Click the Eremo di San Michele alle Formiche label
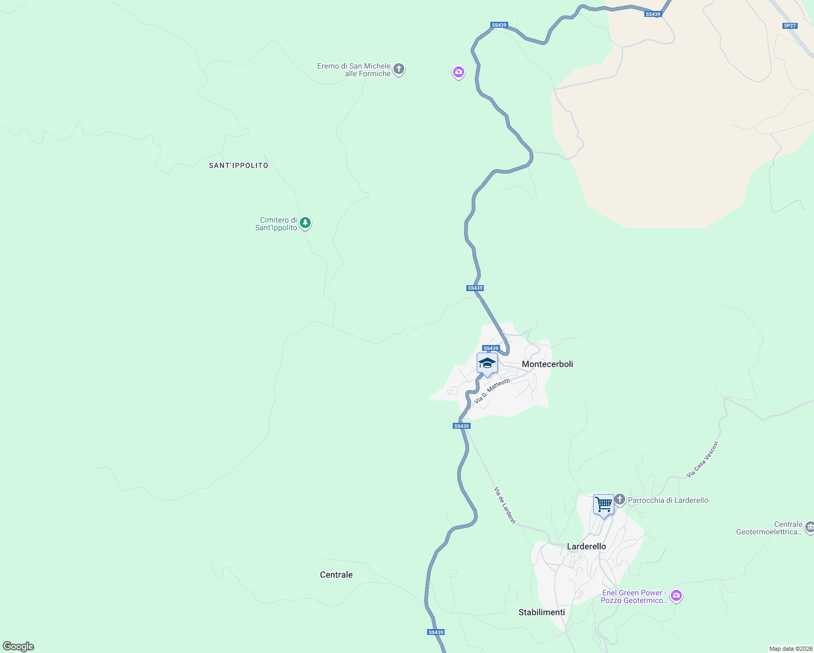354,70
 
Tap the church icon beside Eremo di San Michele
399,69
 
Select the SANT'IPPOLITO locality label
239,165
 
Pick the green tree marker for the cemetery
306,223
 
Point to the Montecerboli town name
547,364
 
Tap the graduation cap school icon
487,363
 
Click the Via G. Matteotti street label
492,391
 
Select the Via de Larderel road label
505,506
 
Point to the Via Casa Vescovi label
702,459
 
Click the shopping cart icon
603,504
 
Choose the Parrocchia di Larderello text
668,500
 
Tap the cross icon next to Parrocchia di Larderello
620,500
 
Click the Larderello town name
587,546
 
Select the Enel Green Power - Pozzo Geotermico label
634,596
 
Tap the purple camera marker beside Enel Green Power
676,596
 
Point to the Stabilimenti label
541,612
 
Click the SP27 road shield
790,26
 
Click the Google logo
18,646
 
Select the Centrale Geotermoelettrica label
769,528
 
